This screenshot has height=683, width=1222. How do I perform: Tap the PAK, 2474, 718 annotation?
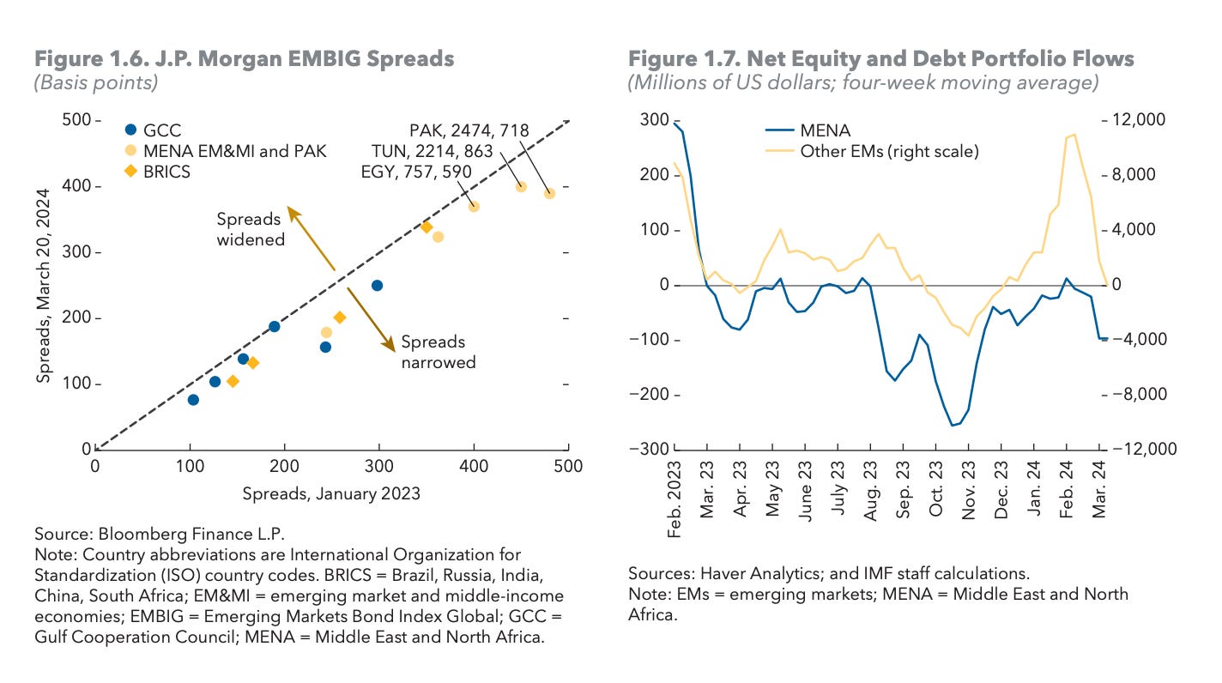tap(469, 130)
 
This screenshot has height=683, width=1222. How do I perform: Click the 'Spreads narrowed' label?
tap(438, 350)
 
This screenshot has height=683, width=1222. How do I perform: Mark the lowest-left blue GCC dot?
tap(193, 400)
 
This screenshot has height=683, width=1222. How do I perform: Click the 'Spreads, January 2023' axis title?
tap(331, 493)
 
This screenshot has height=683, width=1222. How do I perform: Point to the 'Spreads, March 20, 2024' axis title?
tap(44, 284)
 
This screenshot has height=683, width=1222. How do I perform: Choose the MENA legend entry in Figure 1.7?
tap(824, 130)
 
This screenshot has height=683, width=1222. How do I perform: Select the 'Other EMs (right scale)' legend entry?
tap(889, 151)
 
